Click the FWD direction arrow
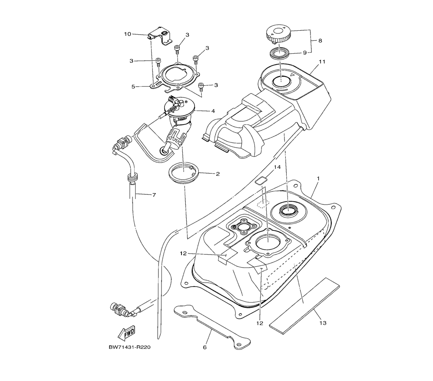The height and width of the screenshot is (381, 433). point(126,334)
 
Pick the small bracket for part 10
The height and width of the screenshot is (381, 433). point(159,37)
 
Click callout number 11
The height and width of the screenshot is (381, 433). point(322,62)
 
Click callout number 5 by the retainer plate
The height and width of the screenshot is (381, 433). point(134,86)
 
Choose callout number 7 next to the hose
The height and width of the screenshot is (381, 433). point(154,195)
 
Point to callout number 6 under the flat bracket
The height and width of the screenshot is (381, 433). point(205,347)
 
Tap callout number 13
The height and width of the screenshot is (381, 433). point(323,323)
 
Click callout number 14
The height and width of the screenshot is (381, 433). point(278,167)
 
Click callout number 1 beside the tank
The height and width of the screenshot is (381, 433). point(318,178)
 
